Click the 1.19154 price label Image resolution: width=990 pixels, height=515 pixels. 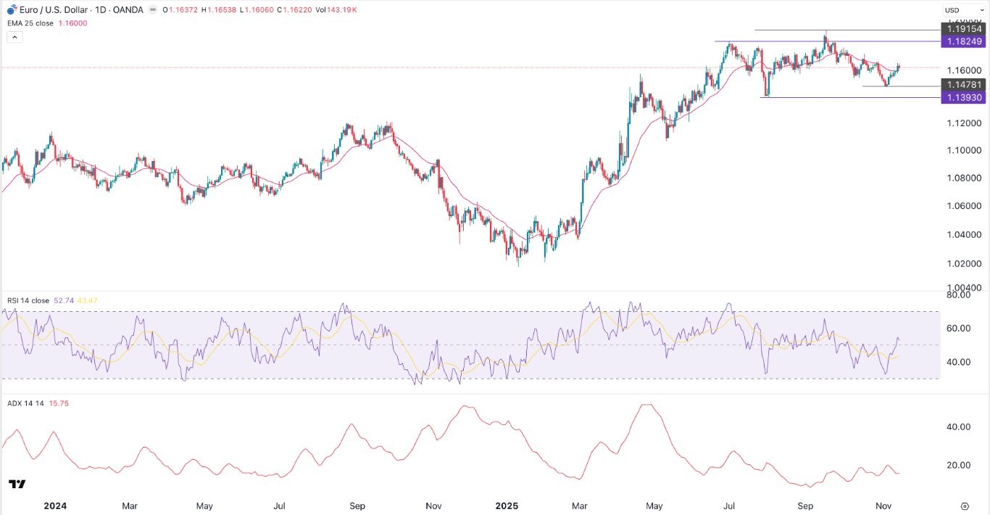pos(963,29)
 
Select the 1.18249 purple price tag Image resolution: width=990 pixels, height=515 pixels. pos(963,42)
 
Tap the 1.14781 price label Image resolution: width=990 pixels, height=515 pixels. pos(963,85)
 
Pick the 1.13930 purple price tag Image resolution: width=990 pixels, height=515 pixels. pos(963,98)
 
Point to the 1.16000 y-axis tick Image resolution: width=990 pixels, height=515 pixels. pos(963,71)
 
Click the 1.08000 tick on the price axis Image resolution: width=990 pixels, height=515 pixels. pos(963,178)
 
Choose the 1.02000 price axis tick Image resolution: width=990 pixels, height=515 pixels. pos(963,263)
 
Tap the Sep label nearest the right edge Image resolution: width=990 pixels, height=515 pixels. pos(806,505)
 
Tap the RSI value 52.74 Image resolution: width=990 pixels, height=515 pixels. pos(65,300)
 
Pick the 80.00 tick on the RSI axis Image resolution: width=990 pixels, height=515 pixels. pos(959,295)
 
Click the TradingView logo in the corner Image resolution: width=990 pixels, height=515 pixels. pos(17,484)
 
